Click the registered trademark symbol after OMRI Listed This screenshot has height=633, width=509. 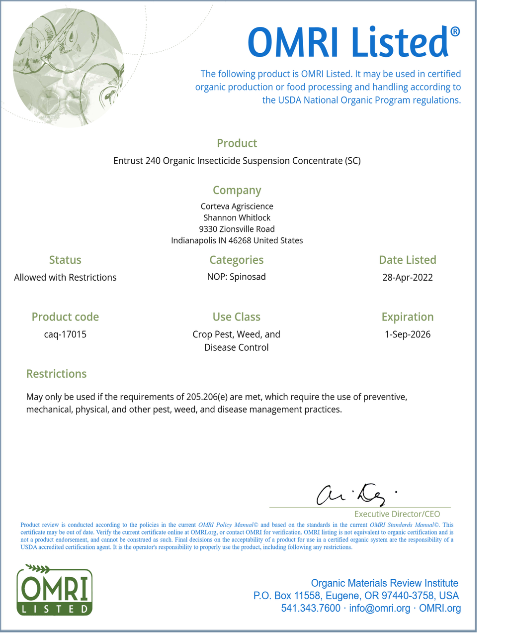[x=455, y=32]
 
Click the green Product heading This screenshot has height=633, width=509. [x=237, y=143]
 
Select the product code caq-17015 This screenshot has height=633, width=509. [x=65, y=334]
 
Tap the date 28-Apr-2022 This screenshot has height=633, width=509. [x=407, y=278]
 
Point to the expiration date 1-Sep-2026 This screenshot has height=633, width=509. [x=407, y=334]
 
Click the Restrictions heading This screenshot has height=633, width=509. [x=56, y=374]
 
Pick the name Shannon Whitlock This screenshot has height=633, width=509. [x=237, y=217]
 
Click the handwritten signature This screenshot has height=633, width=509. [x=356, y=495]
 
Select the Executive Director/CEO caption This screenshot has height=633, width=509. [x=397, y=514]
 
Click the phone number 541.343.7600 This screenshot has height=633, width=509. [x=311, y=608]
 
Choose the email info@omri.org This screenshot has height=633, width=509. [x=380, y=608]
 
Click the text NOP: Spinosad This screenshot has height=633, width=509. [x=237, y=277]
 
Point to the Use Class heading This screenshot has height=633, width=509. [x=237, y=317]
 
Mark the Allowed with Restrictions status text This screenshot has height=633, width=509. [x=65, y=278]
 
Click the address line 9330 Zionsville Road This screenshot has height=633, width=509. [x=237, y=229]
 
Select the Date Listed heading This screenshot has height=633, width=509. [x=407, y=260]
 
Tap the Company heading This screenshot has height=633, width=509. [x=237, y=191]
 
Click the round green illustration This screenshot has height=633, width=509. [x=69, y=67]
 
